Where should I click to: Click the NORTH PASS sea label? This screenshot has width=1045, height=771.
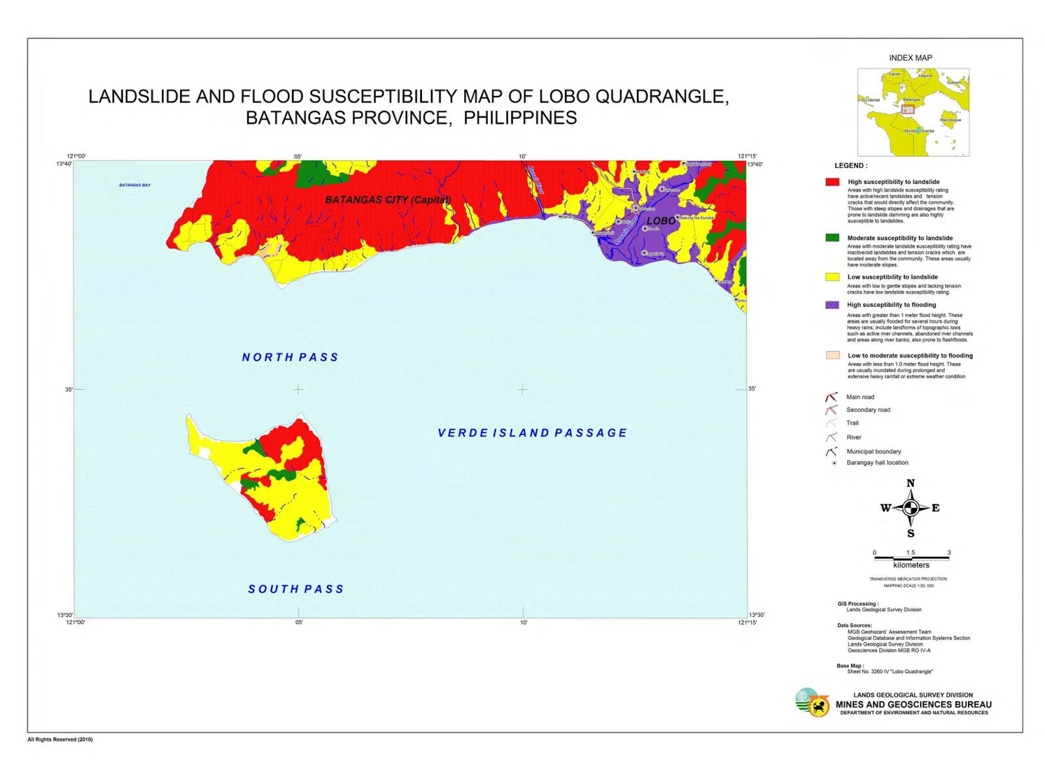(290, 357)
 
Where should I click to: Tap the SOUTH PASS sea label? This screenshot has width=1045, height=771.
(296, 589)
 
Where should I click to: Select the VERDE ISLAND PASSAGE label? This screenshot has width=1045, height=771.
(532, 433)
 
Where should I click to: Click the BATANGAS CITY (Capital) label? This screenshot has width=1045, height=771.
(388, 200)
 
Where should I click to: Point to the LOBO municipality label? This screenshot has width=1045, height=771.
(661, 221)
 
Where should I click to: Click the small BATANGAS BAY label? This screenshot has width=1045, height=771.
(135, 185)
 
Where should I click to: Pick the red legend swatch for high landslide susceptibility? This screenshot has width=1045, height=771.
(832, 182)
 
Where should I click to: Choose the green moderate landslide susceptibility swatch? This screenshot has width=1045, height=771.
(832, 238)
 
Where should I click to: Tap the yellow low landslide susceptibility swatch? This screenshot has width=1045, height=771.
(832, 277)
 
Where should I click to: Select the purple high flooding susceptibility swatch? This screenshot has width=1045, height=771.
(832, 305)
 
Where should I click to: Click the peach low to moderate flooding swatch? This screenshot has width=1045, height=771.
(833, 355)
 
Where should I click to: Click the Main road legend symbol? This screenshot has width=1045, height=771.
(831, 397)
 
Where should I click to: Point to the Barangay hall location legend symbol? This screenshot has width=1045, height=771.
(834, 463)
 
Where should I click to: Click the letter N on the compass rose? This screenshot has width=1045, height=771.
(910, 483)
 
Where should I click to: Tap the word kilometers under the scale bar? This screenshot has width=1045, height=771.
(911, 565)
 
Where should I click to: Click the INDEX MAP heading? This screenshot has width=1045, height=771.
(910, 57)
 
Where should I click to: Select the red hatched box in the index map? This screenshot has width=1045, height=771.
(908, 109)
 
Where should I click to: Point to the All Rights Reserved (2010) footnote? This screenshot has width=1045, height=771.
(60, 740)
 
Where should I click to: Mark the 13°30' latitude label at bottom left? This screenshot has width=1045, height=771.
(65, 615)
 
